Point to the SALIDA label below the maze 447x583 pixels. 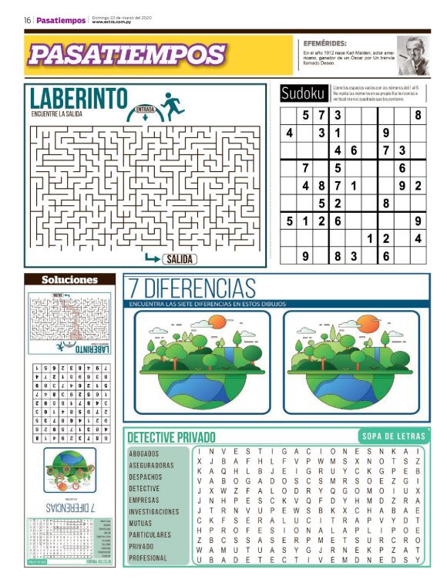pos(179,259)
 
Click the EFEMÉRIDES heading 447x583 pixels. pos(324,44)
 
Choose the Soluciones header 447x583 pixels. pos(69,280)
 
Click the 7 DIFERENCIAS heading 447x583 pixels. pos(192,289)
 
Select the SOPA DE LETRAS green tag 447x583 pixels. pos(391,436)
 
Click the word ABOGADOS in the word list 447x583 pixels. pos(144,453)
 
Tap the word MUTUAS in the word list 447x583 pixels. pos(140,523)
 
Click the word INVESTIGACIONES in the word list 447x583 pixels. pos(153,511)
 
